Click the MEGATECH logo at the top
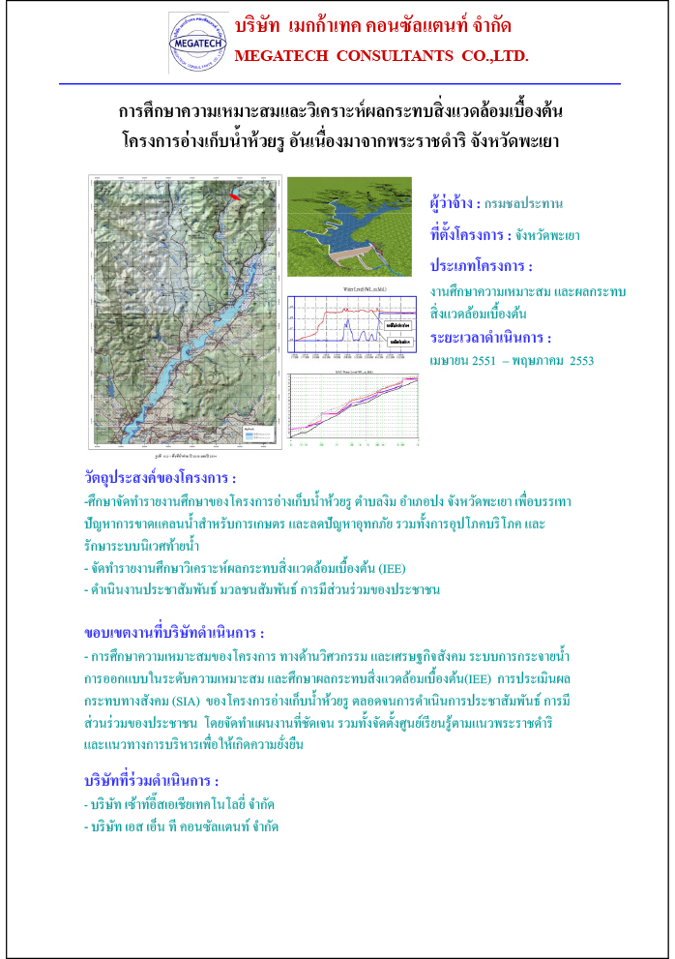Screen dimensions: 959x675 pyautogui.click(x=198, y=43)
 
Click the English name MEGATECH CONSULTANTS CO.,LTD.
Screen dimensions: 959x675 pyautogui.click(x=381, y=56)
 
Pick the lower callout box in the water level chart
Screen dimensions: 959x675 pyautogui.click(x=396, y=342)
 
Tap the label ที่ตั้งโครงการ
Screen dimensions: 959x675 pyautogui.click(x=470, y=234)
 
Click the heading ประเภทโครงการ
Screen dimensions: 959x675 pyautogui.click(x=482, y=266)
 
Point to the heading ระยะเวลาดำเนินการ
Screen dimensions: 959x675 pyautogui.click(x=491, y=338)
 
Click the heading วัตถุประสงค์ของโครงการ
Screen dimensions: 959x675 pyautogui.click(x=161, y=478)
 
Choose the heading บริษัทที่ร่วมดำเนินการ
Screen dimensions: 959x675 pyautogui.click(x=152, y=780)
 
